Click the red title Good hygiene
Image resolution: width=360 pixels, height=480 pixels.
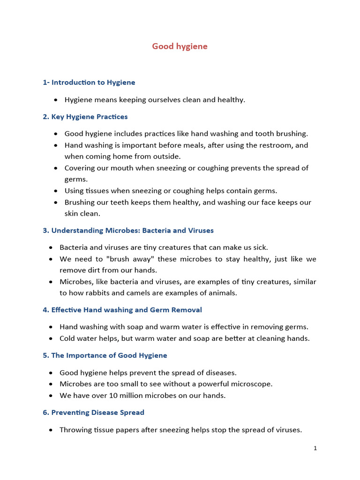tap(180, 46)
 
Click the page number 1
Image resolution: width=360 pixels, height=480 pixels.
tap(315, 448)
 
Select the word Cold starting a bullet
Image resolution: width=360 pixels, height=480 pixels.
tap(68, 338)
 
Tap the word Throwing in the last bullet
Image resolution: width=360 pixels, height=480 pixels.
tap(75, 429)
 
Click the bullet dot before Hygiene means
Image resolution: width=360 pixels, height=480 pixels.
tap(56, 100)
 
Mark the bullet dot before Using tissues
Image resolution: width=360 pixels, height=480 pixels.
tap(56, 191)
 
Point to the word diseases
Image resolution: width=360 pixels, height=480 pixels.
tap(221, 373)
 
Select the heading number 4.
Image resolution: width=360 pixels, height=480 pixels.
tap(45, 310)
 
